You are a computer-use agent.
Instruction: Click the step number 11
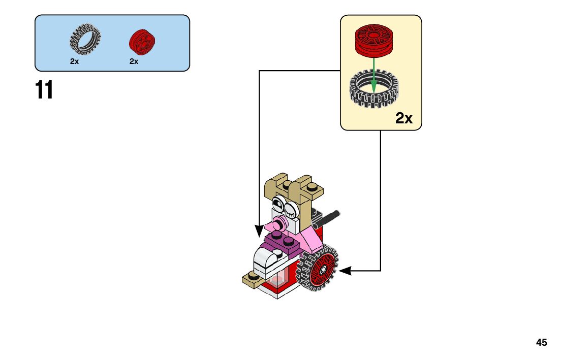44,90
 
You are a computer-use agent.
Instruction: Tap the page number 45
541,343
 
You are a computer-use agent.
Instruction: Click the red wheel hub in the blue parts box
142,41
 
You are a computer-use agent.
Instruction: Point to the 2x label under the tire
75,61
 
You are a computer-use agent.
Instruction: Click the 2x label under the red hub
134,61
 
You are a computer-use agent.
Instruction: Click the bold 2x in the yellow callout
404,119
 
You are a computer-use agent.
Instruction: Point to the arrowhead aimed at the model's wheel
345,271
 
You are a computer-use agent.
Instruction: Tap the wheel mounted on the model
320,269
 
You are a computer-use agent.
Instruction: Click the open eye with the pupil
277,204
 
